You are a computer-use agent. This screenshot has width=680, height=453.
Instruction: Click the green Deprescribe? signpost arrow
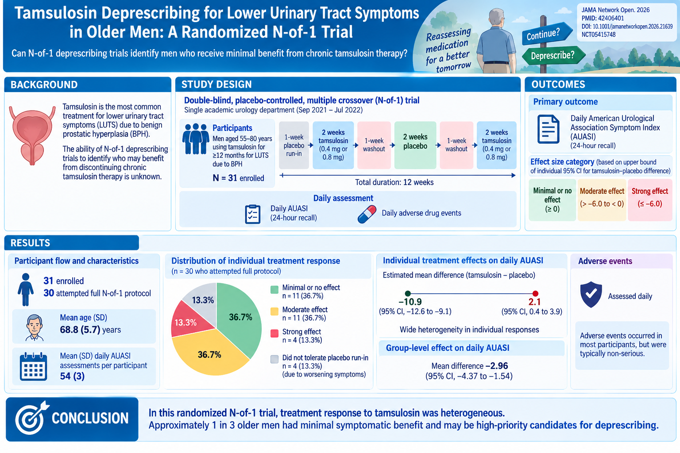(553, 56)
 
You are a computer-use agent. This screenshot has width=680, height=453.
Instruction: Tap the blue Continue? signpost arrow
(547, 33)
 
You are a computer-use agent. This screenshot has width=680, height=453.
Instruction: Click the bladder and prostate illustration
(32, 135)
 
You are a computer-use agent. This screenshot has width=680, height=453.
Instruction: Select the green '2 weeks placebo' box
(415, 145)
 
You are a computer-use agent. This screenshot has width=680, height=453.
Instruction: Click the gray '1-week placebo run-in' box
(294, 145)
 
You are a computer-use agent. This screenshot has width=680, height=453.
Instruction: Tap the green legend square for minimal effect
(274, 289)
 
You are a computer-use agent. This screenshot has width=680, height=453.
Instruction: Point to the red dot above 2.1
(535, 293)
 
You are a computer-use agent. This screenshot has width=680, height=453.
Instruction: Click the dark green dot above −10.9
(408, 293)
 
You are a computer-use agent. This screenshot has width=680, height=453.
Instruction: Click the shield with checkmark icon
(591, 294)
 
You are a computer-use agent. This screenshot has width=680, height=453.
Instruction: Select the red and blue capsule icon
(367, 214)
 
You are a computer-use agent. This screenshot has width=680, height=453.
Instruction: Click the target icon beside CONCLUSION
(31, 418)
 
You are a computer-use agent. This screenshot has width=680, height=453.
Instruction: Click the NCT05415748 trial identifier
(599, 35)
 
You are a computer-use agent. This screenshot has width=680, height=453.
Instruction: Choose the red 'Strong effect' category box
(650, 200)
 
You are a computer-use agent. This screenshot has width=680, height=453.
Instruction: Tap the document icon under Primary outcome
(548, 129)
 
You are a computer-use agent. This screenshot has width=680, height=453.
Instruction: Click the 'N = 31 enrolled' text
(238, 178)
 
